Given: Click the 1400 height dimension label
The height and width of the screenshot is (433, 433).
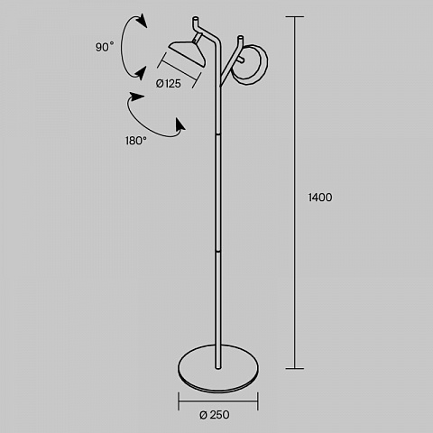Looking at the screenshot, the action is coord(320,198).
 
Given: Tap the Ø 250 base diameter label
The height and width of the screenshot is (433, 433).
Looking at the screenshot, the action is coord(215,415).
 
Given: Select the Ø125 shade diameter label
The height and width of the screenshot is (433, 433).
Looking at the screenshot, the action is coord(169,84).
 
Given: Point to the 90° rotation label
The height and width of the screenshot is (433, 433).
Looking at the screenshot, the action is coord(105,47).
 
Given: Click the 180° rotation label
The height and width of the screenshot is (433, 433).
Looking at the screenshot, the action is coord(136,141).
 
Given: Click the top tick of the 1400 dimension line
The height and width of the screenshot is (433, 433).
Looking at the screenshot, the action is coord(294,17).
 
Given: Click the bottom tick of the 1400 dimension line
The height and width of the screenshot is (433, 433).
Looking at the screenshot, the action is coord(294,368).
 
